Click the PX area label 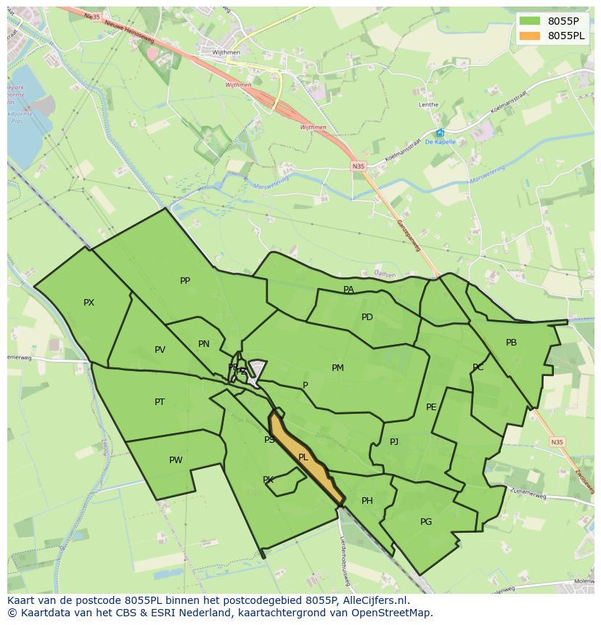click(89, 303)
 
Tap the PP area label click(185, 281)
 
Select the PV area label click(160, 350)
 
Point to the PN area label click(204, 344)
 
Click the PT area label click(160, 402)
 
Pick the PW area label click(176, 460)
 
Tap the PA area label click(348, 290)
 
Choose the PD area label click(367, 317)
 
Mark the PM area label click(338, 368)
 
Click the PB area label click(512, 343)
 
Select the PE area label click(431, 407)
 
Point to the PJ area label click(394, 441)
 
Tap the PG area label click(426, 522)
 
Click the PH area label click(367, 501)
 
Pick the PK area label click(268, 480)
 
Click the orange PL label click(303, 457)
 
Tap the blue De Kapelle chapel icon click(440, 133)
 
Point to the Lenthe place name click(428, 105)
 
